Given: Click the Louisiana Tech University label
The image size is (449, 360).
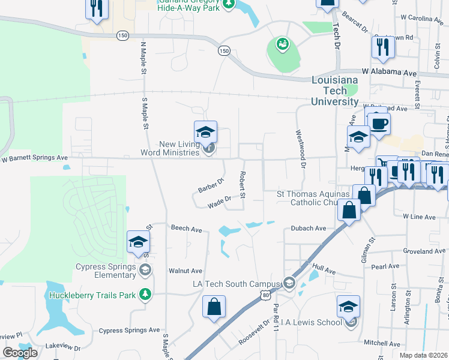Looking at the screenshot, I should coord(334,91).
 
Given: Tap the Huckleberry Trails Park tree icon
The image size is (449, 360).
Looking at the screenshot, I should coord(144,294).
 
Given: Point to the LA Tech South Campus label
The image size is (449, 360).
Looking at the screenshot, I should coord(237,284).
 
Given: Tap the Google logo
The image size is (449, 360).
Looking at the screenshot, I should coord(20,353).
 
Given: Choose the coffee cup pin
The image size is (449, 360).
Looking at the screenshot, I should coord(379,124).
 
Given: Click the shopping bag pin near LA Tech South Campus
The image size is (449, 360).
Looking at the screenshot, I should coord(214,307).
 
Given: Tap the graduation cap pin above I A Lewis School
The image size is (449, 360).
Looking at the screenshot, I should coord(349,307).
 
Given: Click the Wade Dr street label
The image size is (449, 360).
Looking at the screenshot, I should coord(220,202).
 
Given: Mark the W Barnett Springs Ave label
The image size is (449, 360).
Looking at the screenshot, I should coord(34,158).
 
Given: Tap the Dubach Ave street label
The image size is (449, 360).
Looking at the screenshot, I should coord(308,228).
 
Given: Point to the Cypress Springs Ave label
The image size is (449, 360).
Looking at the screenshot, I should coord(129,330).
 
